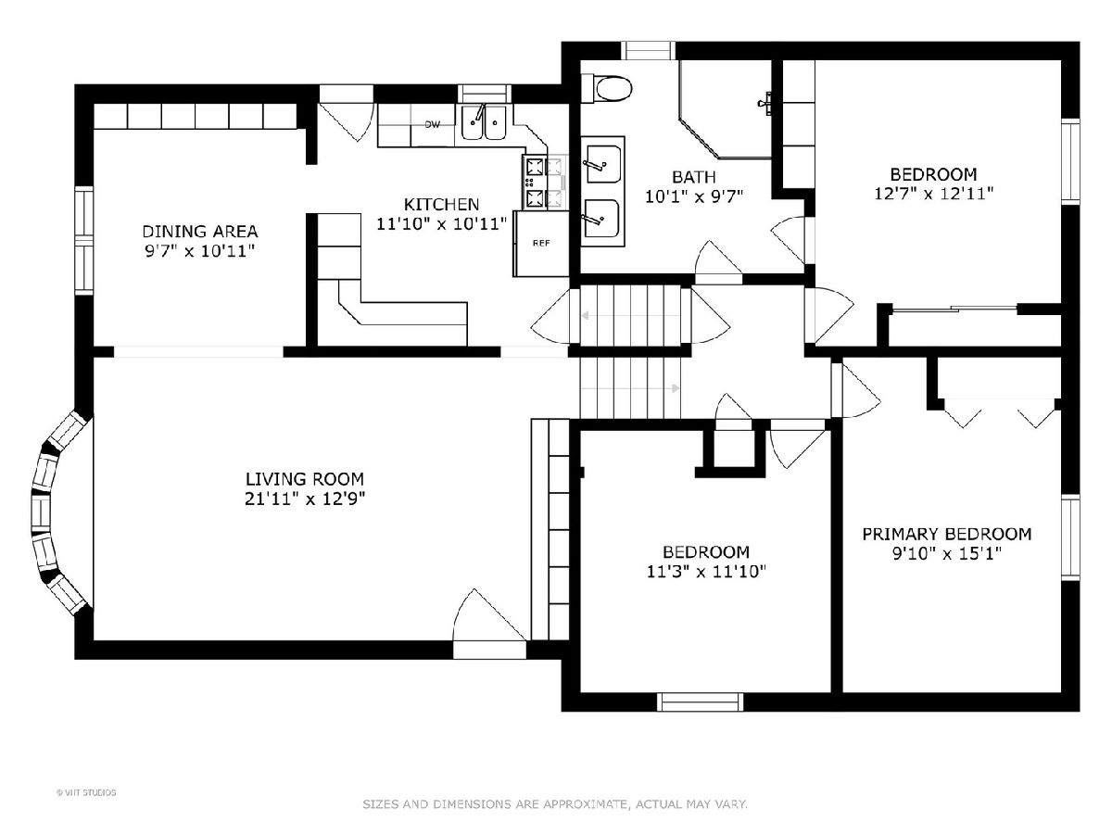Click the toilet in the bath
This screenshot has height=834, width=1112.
click(x=606, y=89)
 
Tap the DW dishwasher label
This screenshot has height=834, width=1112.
click(x=432, y=124)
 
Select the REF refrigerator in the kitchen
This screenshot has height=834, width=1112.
click(x=541, y=244)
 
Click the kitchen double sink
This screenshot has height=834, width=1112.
click(x=484, y=122)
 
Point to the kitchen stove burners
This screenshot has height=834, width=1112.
click(x=545, y=183)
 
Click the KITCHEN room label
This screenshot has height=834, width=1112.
click(x=441, y=205)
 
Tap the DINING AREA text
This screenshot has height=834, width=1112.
click(x=200, y=232)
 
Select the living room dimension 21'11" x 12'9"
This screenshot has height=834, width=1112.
click(x=305, y=499)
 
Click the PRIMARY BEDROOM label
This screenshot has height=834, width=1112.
click(x=947, y=535)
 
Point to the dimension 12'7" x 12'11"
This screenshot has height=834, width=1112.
click(x=934, y=194)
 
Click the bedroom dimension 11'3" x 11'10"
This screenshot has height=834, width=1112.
click(x=706, y=572)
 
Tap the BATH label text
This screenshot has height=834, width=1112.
click(x=694, y=177)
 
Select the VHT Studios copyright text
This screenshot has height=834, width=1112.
click(x=86, y=792)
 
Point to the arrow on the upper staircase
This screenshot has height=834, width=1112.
click(x=631, y=316)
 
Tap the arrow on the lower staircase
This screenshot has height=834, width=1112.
click(x=630, y=388)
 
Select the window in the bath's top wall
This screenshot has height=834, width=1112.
click(x=649, y=51)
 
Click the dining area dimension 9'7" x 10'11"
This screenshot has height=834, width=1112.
click(x=199, y=251)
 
